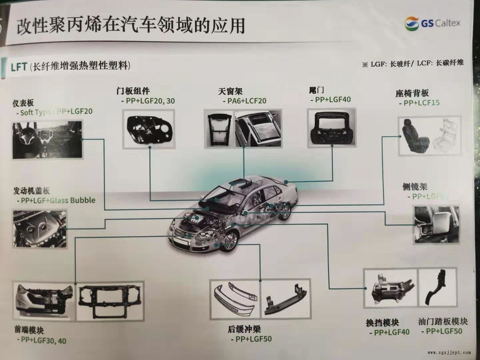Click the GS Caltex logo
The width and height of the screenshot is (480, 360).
[x=432, y=23]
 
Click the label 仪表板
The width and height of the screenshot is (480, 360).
[x=23, y=102]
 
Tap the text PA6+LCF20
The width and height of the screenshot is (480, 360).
[x=247, y=101]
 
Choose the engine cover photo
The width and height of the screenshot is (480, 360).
[x=39, y=229]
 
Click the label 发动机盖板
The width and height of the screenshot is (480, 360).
[x=32, y=191]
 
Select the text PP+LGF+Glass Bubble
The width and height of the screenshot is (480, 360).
[x=58, y=200]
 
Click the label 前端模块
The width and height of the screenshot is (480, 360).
[x=29, y=330]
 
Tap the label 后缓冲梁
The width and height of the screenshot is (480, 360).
[x=244, y=329]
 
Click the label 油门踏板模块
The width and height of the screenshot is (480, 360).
[x=443, y=321]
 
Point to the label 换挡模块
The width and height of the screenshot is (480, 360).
[x=382, y=323]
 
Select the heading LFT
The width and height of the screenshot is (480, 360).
[x=19, y=66]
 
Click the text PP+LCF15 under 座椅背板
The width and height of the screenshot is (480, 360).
[x=421, y=103]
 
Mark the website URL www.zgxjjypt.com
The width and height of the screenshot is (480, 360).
[x=449, y=352]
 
